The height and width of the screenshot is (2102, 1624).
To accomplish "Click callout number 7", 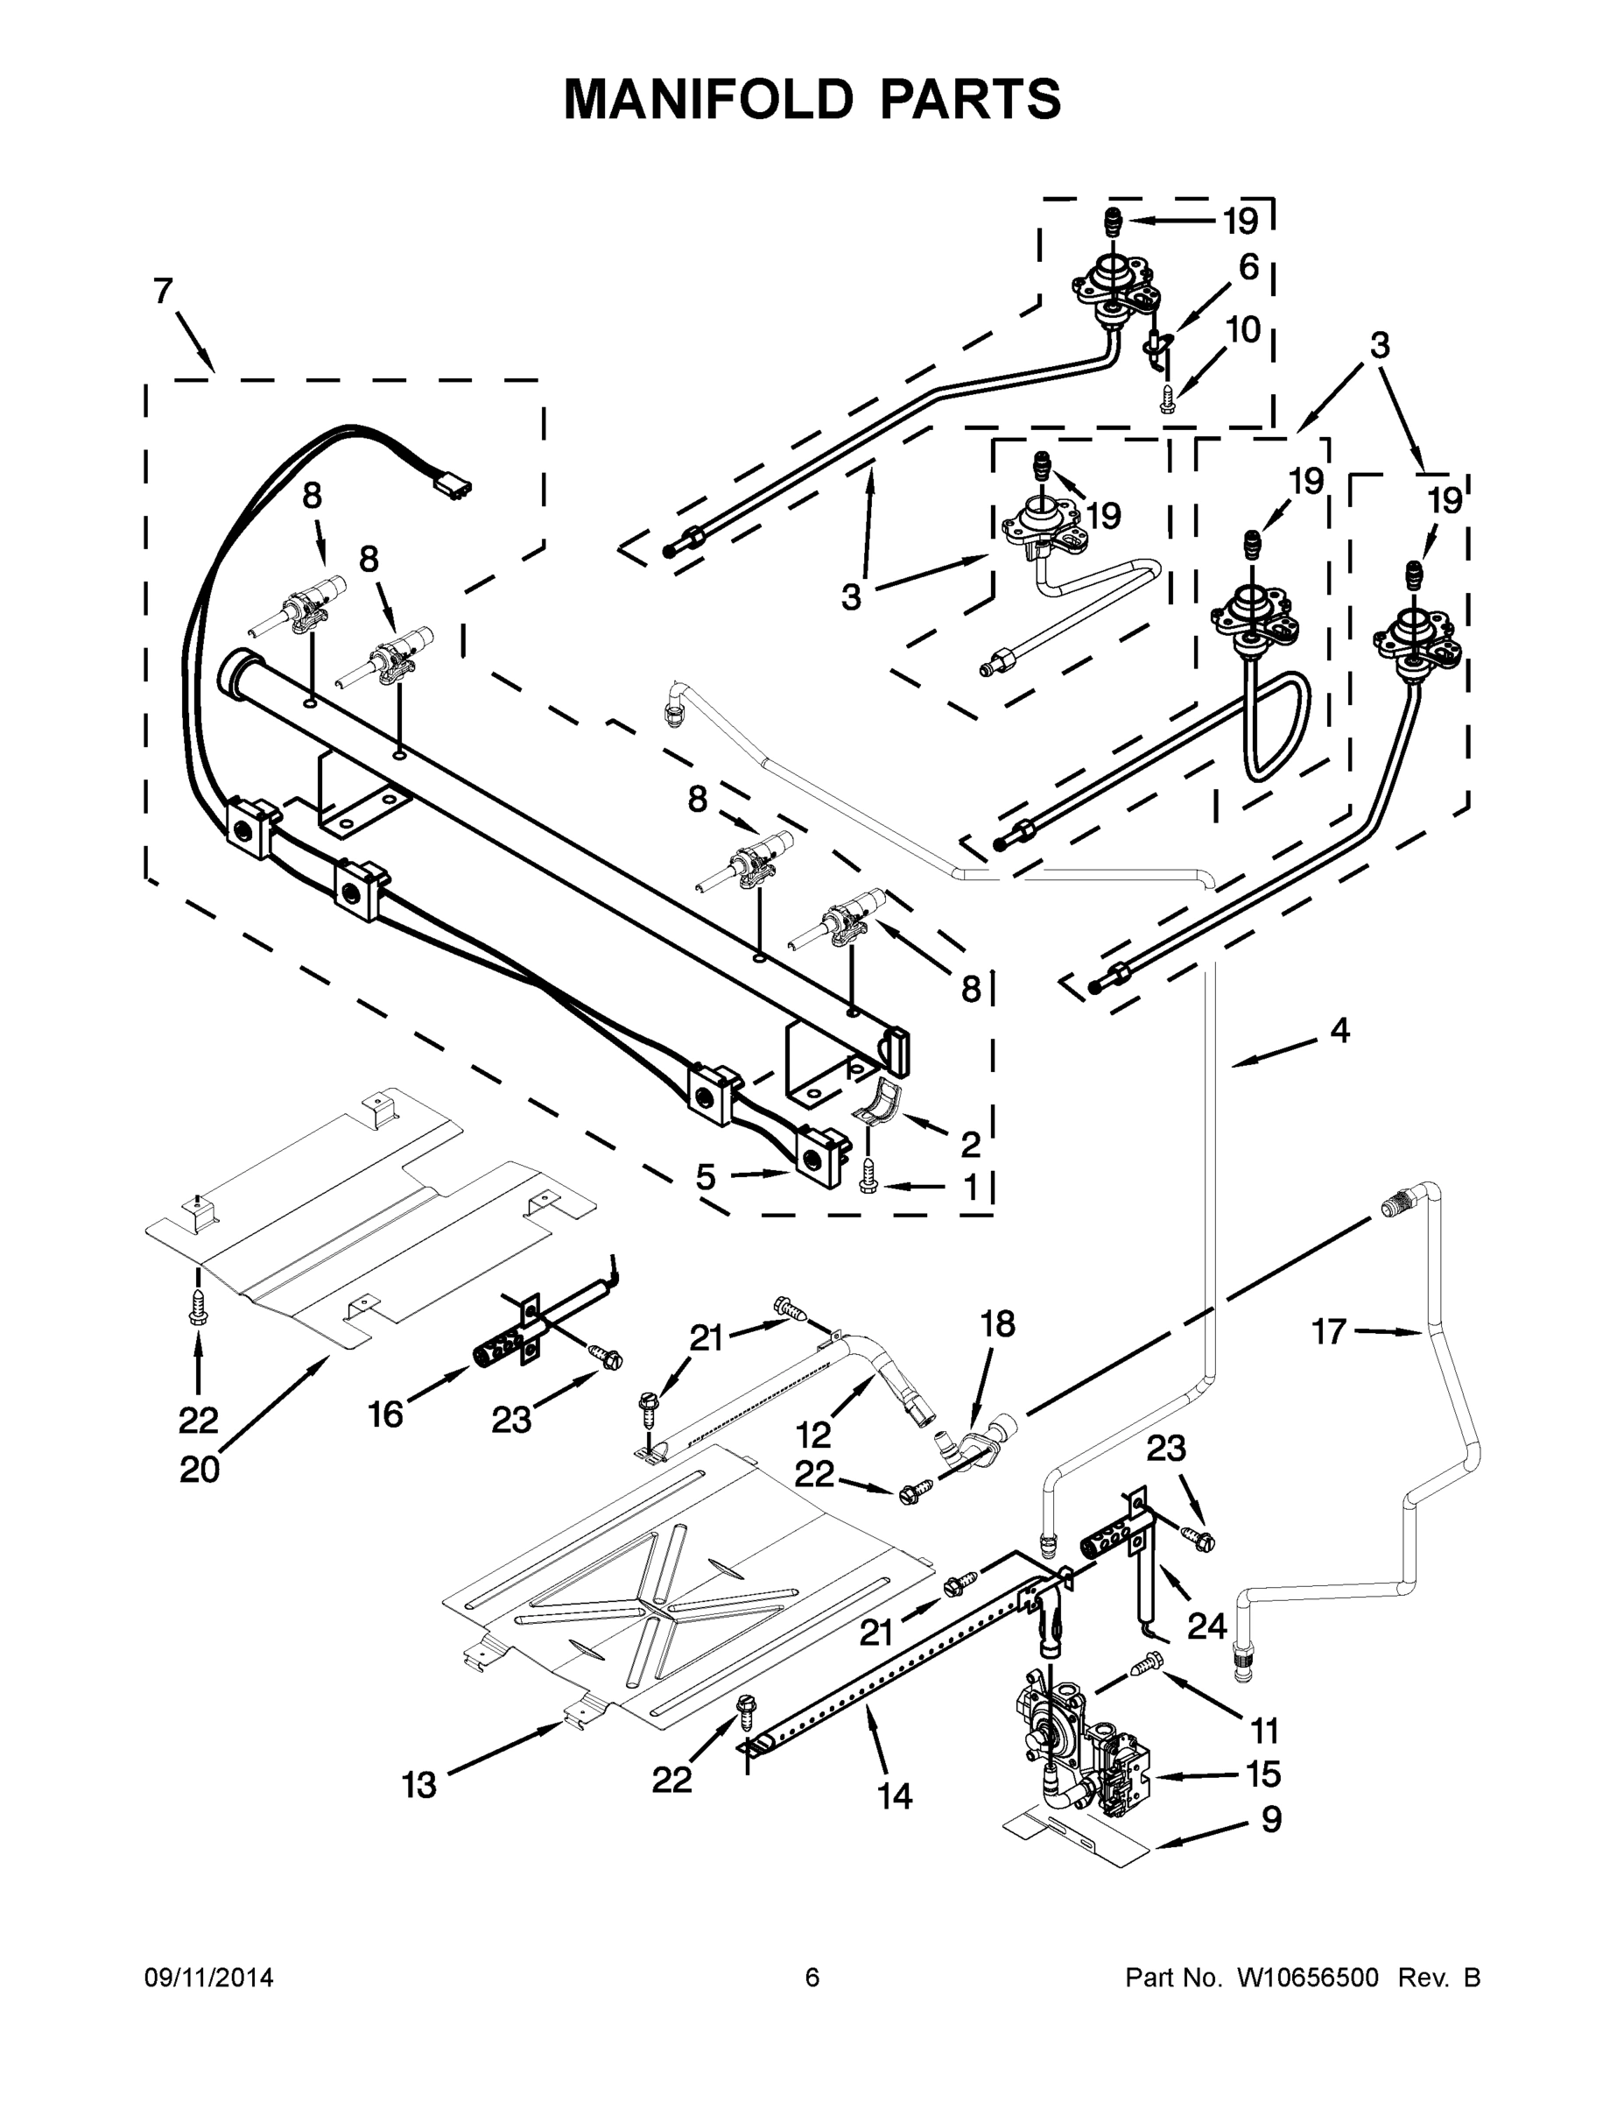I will tap(164, 291).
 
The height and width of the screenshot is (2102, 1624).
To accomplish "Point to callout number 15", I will tap(1263, 1773).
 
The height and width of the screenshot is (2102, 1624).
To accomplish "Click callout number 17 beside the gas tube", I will tap(1329, 1332).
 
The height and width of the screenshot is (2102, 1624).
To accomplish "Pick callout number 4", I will tap(1340, 1031).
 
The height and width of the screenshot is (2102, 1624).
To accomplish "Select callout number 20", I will tap(199, 1470).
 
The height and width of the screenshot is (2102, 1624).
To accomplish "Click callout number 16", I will tap(386, 1414).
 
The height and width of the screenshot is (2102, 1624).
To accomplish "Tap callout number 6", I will tap(1248, 266).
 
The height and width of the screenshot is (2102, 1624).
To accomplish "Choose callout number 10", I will tap(1243, 330).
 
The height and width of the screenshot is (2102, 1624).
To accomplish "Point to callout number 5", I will tap(706, 1176).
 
